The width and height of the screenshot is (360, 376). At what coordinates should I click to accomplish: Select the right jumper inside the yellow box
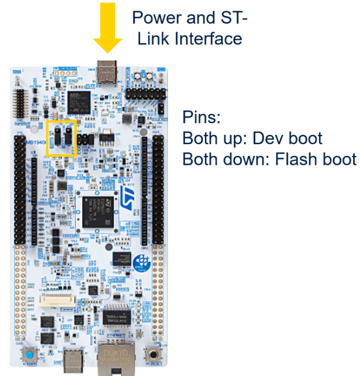[68, 137]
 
